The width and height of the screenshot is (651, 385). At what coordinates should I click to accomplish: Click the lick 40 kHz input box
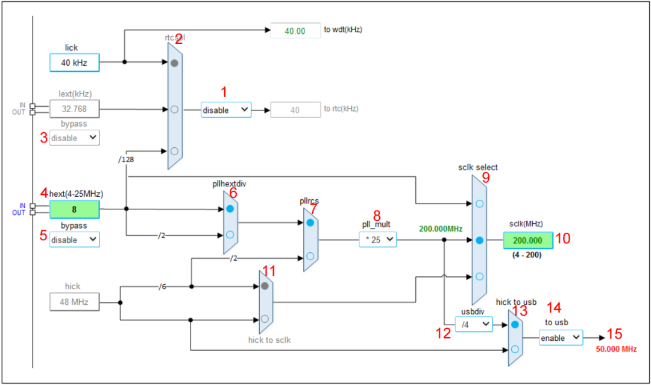tap(74, 62)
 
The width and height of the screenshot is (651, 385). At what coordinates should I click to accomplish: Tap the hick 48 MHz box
tap(74, 302)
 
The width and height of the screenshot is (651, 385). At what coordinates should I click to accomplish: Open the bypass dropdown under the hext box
tap(74, 240)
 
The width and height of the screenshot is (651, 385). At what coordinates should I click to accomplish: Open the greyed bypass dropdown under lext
tap(74, 138)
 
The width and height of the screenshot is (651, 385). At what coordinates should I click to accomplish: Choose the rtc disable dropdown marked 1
tap(225, 110)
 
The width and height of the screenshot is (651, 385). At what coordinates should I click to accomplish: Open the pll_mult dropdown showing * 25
tap(378, 240)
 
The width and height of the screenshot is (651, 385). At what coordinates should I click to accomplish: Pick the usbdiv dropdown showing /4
tap(473, 325)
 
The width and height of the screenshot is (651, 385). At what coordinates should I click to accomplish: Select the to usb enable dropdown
tap(561, 338)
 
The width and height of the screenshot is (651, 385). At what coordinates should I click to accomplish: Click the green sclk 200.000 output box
tap(527, 240)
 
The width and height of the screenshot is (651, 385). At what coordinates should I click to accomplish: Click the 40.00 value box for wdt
tap(295, 30)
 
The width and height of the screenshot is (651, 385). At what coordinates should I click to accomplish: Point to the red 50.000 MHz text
tap(615, 349)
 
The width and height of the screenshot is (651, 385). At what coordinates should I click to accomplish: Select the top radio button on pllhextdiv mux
tap(230, 209)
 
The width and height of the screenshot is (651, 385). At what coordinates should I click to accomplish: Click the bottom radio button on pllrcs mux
tap(310, 256)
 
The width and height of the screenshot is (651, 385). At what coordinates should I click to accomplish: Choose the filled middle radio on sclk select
tap(479, 240)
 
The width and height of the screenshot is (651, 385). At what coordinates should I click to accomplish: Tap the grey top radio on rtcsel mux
tap(174, 63)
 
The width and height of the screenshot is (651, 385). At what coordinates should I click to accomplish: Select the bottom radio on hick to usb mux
tap(515, 348)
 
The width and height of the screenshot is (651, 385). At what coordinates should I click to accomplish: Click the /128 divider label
tap(126, 159)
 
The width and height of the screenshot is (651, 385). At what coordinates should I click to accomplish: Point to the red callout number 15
tap(614, 334)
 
